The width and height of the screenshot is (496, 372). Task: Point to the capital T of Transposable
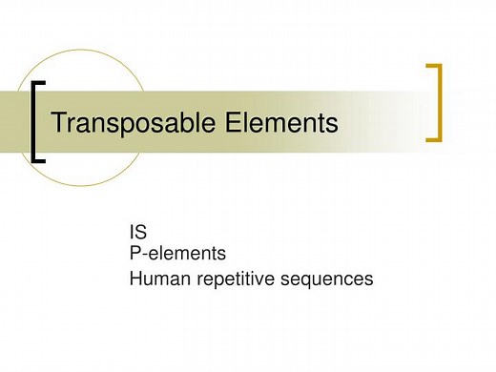[x=56, y=123]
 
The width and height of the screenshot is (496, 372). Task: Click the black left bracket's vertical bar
[x=34, y=121]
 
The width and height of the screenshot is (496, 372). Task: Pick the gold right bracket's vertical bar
[x=440, y=102]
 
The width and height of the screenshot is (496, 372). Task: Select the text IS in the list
[x=136, y=234]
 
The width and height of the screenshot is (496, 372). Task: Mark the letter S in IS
[x=141, y=234]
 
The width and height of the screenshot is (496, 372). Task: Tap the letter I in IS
[x=132, y=234]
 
